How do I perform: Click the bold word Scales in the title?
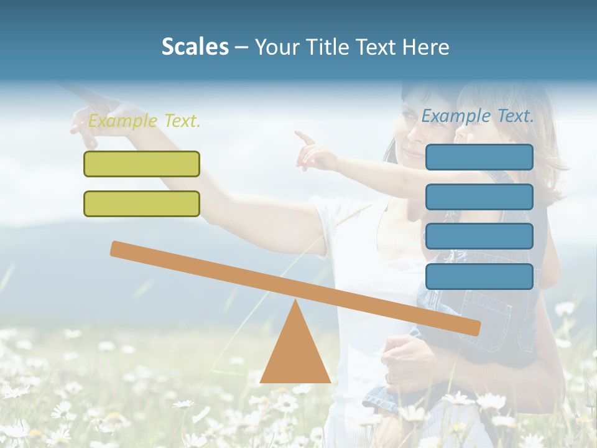tap(195, 47)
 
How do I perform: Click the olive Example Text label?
tap(144, 121)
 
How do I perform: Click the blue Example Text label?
tap(478, 116)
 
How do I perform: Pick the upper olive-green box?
tap(142, 164)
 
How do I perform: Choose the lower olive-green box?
tap(142, 203)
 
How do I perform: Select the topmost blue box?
tap(479, 157)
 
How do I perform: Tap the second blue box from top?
tap(479, 197)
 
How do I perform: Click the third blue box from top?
tap(479, 236)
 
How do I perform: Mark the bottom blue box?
tap(479, 276)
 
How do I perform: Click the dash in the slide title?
tap(241, 47)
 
